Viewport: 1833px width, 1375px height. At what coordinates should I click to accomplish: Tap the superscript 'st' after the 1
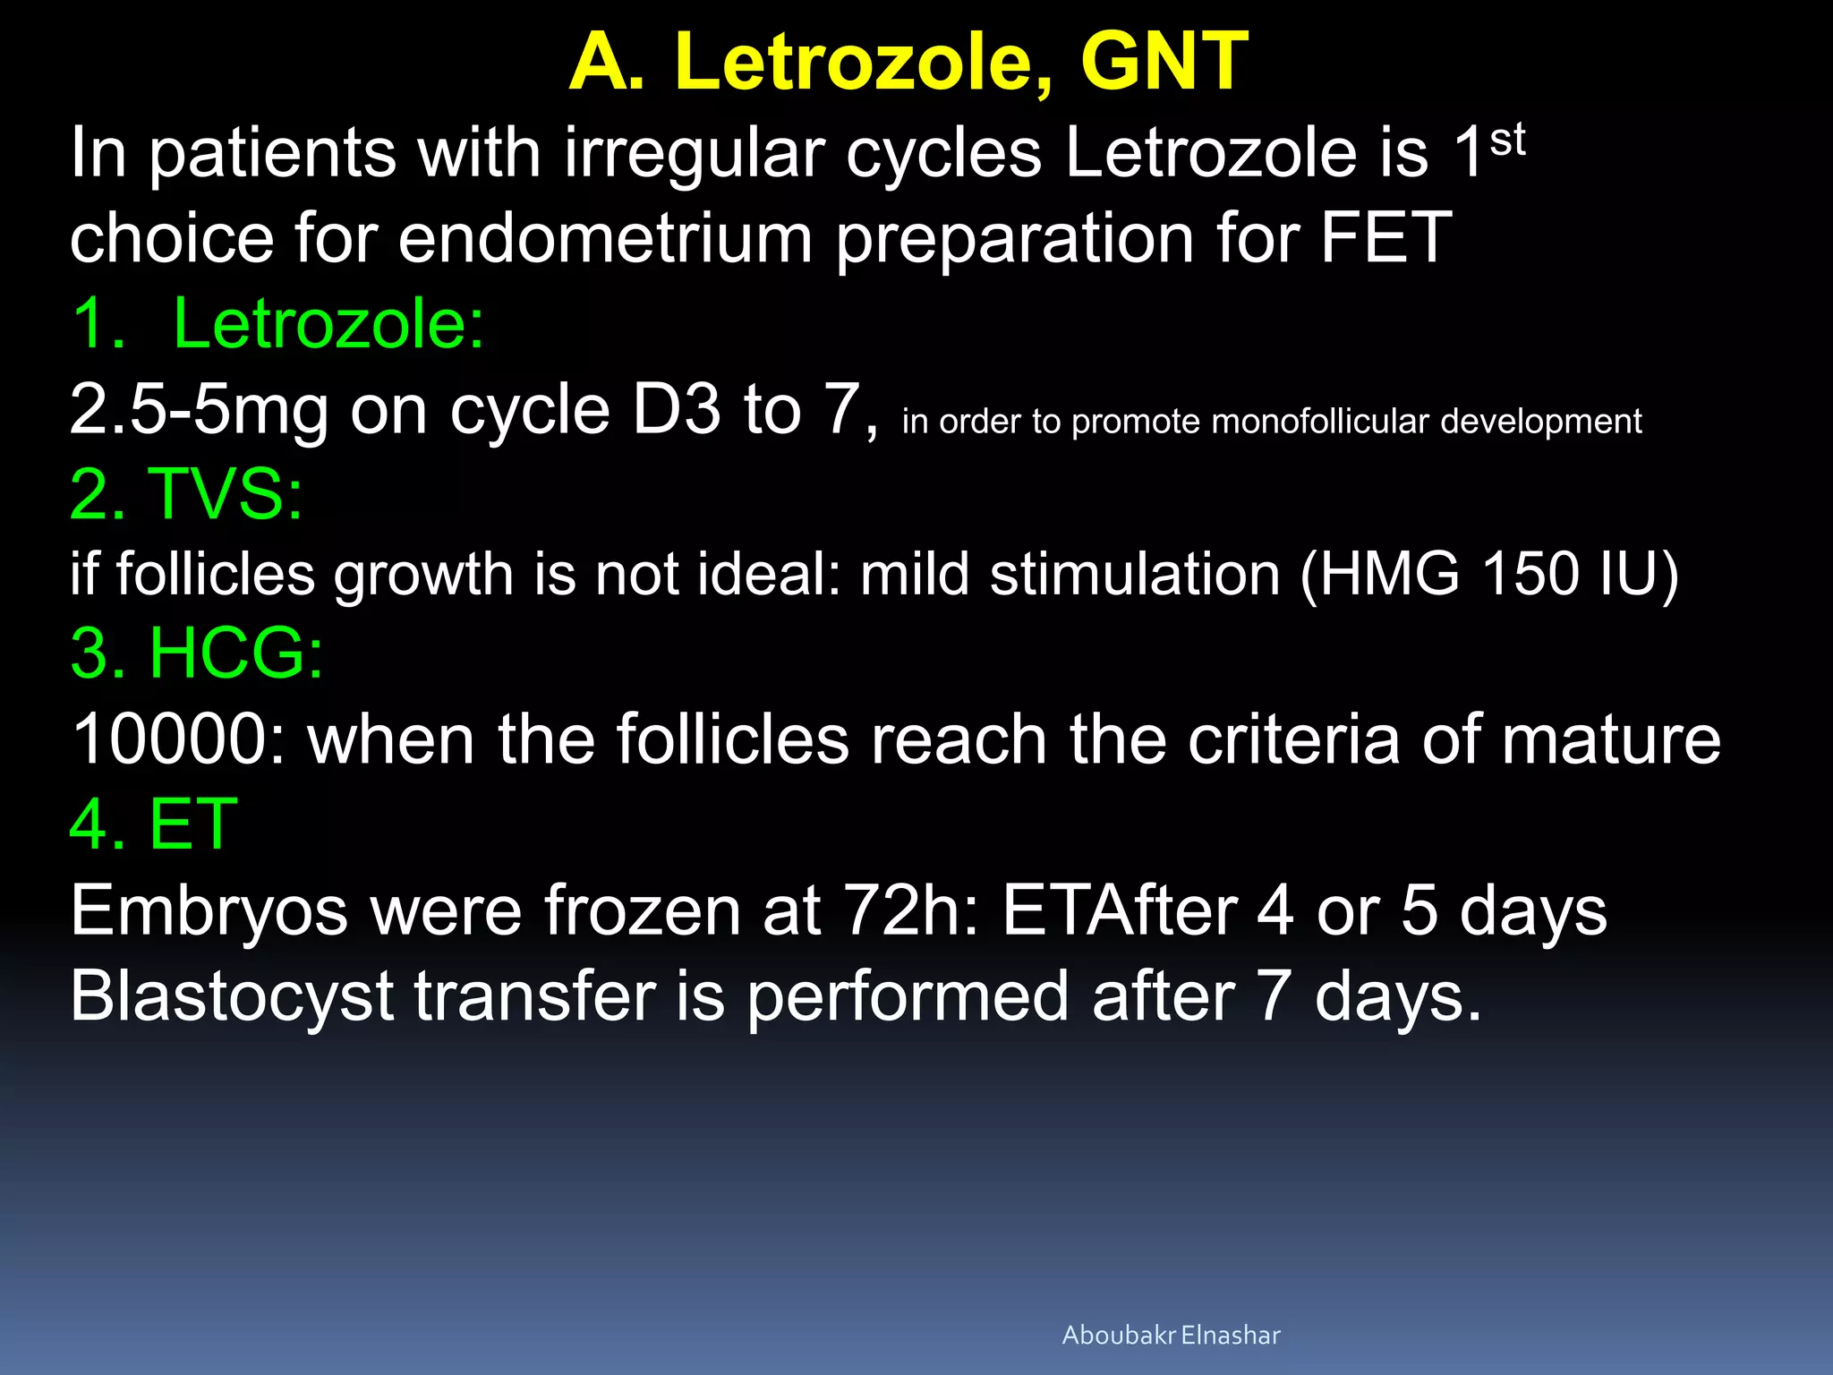pyautogui.click(x=1507, y=141)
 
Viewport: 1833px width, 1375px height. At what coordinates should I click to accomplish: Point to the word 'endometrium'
pyautogui.click(x=605, y=238)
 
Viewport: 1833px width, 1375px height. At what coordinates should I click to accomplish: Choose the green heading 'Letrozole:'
pyautogui.click(x=328, y=324)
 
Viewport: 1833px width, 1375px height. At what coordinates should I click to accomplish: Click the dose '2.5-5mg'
pyautogui.click(x=199, y=411)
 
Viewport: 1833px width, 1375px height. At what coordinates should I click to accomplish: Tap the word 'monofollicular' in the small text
pyautogui.click(x=1320, y=422)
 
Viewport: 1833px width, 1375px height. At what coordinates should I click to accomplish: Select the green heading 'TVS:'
pyautogui.click(x=225, y=494)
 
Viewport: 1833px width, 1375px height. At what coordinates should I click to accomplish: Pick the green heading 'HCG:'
pyautogui.click(x=235, y=653)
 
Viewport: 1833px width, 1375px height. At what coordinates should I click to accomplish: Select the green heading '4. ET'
pyautogui.click(x=154, y=824)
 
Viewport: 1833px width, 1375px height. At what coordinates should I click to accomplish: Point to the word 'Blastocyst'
pyautogui.click(x=232, y=997)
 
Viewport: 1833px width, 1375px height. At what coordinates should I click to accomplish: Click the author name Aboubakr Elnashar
pyautogui.click(x=1171, y=1335)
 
